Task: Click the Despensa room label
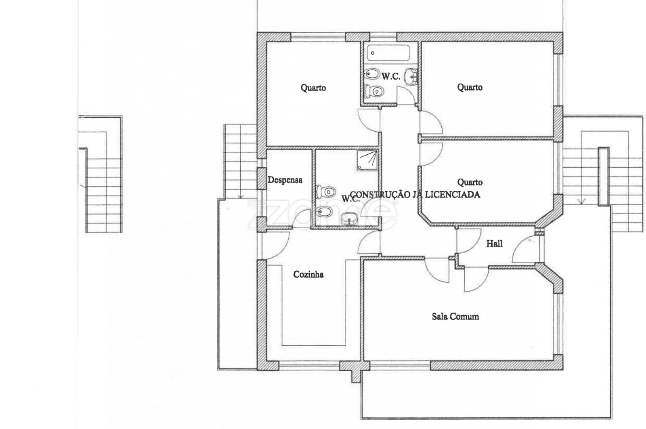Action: [285, 180]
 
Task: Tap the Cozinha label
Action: [308, 274]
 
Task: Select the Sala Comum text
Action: [455, 316]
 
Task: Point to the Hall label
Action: [494, 244]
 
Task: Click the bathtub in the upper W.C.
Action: [388, 53]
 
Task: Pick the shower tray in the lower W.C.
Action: [367, 160]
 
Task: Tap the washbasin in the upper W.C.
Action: [411, 77]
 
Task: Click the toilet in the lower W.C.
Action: [326, 192]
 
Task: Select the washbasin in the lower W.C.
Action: [349, 219]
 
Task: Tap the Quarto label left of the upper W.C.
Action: [313, 88]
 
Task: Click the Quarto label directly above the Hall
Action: [470, 182]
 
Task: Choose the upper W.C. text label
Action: [391, 77]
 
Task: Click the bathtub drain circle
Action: [373, 53]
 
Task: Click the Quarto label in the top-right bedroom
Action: [470, 87]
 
